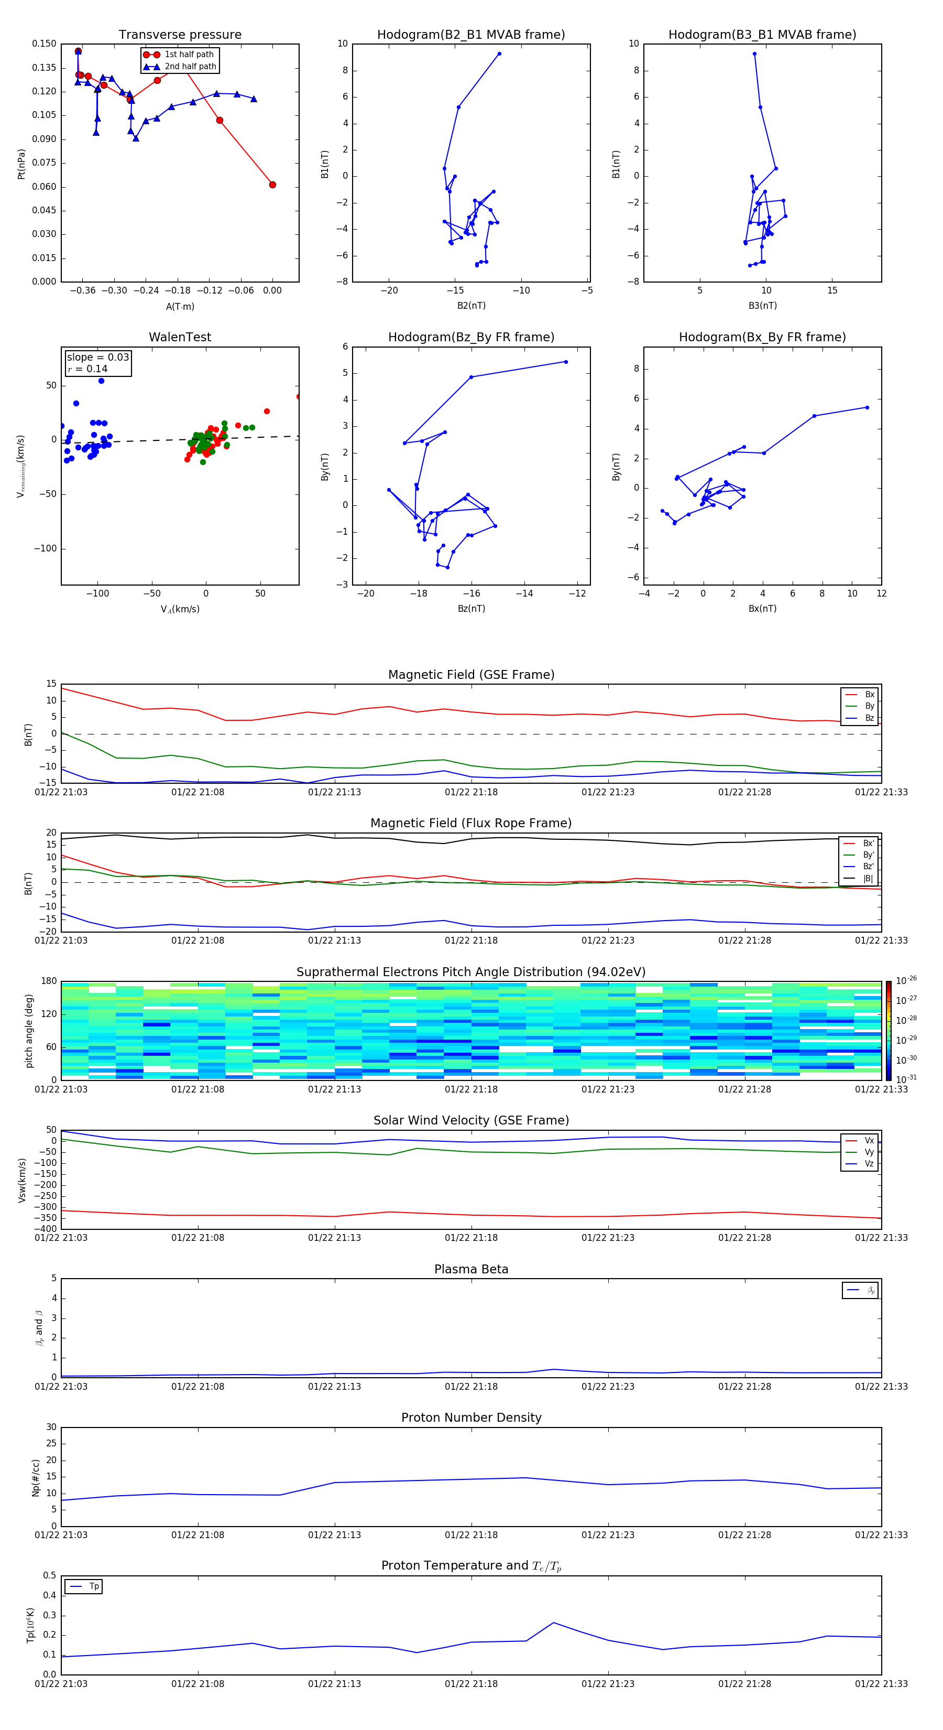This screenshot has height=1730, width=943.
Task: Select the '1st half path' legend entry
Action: tap(189, 55)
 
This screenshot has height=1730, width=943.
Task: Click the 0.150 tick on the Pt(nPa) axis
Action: tap(45, 44)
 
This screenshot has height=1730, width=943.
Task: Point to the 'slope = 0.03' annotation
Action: tap(97, 358)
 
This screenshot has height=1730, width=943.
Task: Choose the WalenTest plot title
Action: tap(180, 337)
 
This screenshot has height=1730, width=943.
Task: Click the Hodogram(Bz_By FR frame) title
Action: tap(471, 337)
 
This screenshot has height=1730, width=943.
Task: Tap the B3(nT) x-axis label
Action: tap(762, 306)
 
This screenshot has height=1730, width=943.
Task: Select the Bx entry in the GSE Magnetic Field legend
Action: tap(869, 695)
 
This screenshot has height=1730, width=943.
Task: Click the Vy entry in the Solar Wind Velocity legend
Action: tap(869, 1152)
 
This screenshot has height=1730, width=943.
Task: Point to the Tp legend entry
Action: tap(93, 1586)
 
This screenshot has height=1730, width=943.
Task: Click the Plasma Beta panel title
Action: tap(471, 1269)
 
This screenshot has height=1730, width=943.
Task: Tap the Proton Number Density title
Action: tap(471, 1418)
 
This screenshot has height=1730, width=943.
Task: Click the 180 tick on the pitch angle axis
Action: tap(49, 981)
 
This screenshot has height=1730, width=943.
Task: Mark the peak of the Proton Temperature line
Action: tap(554, 1623)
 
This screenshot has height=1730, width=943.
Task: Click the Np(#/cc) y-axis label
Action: tap(36, 1477)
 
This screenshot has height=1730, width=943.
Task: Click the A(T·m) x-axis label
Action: tap(180, 306)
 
